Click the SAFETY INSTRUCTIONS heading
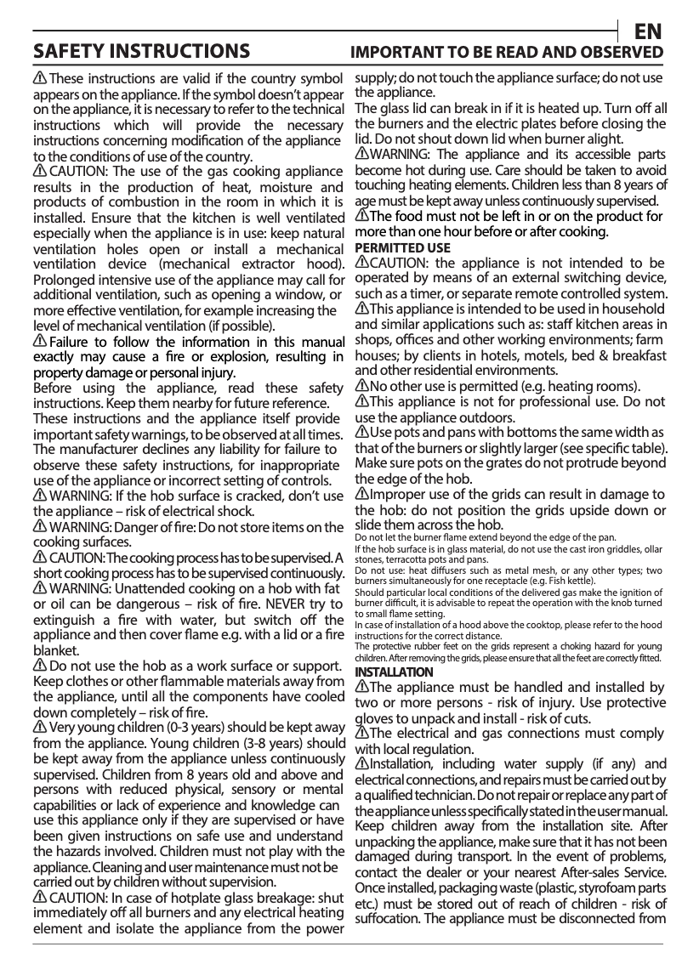(x=141, y=52)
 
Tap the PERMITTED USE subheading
(x=402, y=248)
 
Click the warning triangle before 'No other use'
(x=361, y=386)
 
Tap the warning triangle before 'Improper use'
(x=361, y=495)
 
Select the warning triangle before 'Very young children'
(x=40, y=728)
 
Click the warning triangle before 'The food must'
(x=361, y=216)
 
